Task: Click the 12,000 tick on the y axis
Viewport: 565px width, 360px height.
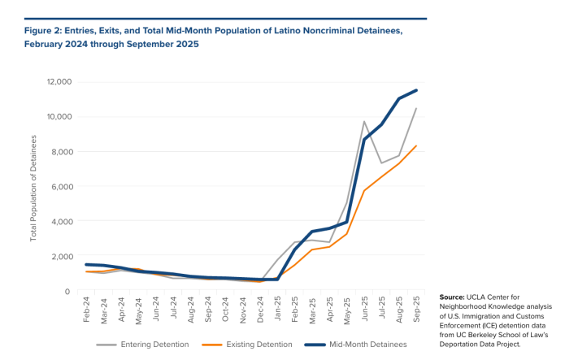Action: tap(59, 82)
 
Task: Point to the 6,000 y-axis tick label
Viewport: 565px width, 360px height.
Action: tap(61, 187)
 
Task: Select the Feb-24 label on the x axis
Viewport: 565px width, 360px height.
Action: tap(87, 310)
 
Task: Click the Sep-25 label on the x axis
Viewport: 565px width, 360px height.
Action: tap(417, 310)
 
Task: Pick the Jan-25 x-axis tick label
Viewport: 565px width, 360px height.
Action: tap(278, 310)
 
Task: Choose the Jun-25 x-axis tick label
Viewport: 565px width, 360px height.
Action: tap(365, 310)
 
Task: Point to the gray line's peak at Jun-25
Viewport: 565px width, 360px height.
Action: tap(365, 122)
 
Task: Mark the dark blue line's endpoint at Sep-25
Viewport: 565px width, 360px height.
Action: tap(417, 90)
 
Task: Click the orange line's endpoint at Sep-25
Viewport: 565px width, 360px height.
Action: tap(417, 146)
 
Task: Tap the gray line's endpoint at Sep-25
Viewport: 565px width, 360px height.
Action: tap(417, 109)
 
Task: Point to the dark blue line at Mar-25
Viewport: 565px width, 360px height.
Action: tap(313, 232)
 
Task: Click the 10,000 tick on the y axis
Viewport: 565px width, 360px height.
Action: tap(59, 117)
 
